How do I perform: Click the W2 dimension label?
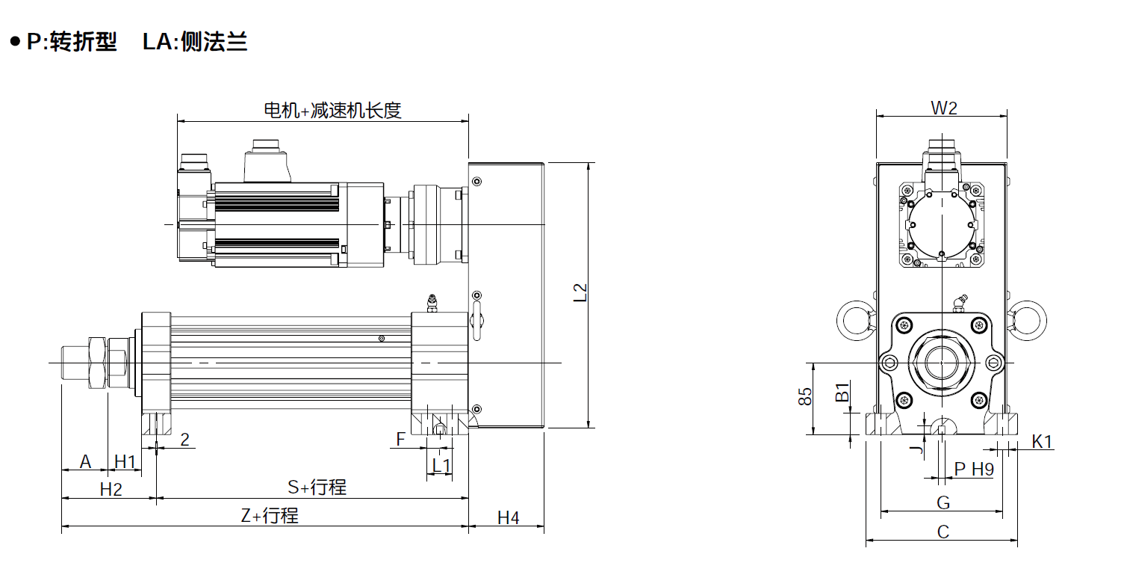(x=944, y=108)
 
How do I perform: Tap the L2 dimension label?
(x=580, y=292)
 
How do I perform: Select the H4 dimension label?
(x=508, y=517)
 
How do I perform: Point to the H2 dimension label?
(x=111, y=489)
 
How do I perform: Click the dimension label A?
(x=85, y=461)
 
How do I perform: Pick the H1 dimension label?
(x=125, y=461)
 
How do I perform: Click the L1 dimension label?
(x=441, y=466)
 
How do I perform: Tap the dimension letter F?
(x=400, y=440)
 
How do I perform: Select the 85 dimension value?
(x=805, y=396)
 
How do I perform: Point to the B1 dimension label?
(x=842, y=392)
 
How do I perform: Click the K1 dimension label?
(x=1042, y=441)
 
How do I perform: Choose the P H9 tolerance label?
(x=974, y=469)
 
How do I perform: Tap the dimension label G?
(x=943, y=502)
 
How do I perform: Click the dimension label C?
(x=943, y=532)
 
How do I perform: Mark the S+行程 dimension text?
(x=317, y=487)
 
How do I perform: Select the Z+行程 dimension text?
(x=270, y=515)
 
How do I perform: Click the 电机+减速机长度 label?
(x=332, y=110)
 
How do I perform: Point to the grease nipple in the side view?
(x=432, y=303)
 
